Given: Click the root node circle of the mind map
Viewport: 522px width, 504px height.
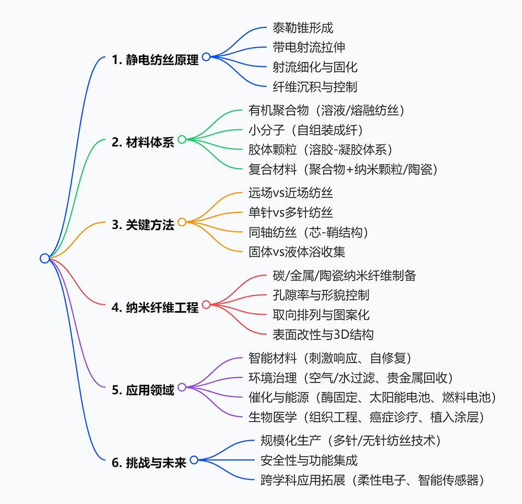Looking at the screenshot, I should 45,259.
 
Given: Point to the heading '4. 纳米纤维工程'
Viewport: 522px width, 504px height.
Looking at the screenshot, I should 155,308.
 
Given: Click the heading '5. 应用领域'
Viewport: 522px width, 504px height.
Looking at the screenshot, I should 143,390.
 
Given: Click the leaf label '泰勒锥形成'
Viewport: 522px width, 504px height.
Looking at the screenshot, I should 302,27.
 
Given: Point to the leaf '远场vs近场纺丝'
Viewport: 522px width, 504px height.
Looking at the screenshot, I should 290,192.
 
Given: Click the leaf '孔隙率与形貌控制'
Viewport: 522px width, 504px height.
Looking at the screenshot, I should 321,295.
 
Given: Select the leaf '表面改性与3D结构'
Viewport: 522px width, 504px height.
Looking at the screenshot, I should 323,334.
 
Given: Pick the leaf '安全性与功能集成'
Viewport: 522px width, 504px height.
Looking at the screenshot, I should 309,461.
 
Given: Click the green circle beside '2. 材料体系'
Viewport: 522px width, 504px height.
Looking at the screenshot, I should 182,139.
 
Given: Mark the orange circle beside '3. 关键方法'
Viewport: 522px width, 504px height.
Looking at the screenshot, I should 182,222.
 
